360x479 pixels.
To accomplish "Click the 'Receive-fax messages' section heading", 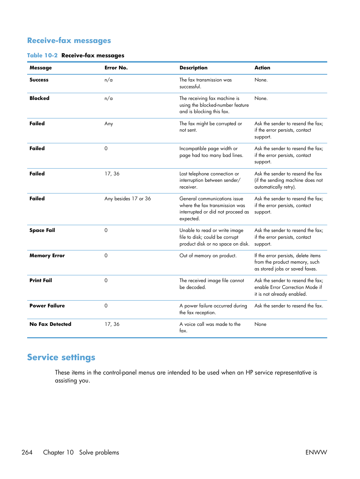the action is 69,41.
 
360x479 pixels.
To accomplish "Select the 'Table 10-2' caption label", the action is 42,55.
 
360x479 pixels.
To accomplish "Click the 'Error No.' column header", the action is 116,68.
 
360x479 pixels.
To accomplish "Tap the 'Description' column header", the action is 193,68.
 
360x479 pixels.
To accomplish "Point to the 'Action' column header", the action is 262,68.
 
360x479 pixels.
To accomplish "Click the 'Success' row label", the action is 39,80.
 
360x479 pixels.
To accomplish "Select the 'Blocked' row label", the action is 39,98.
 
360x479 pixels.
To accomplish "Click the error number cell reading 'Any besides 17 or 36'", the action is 128,199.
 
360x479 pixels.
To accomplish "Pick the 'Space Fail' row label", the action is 42,230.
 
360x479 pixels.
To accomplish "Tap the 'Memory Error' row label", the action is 47,256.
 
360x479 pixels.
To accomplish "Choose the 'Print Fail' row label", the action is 41,281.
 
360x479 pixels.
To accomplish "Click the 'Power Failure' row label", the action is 47,306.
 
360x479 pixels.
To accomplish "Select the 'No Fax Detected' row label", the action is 50,324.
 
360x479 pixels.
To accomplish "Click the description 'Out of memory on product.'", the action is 208,256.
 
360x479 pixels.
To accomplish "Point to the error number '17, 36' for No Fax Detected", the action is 112,324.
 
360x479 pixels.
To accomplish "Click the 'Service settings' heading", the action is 61,357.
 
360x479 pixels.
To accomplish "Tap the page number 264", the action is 27,452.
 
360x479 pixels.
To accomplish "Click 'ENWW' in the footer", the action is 316,452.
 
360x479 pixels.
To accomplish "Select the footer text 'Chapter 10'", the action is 58,452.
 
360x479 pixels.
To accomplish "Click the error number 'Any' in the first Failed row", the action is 109,124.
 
